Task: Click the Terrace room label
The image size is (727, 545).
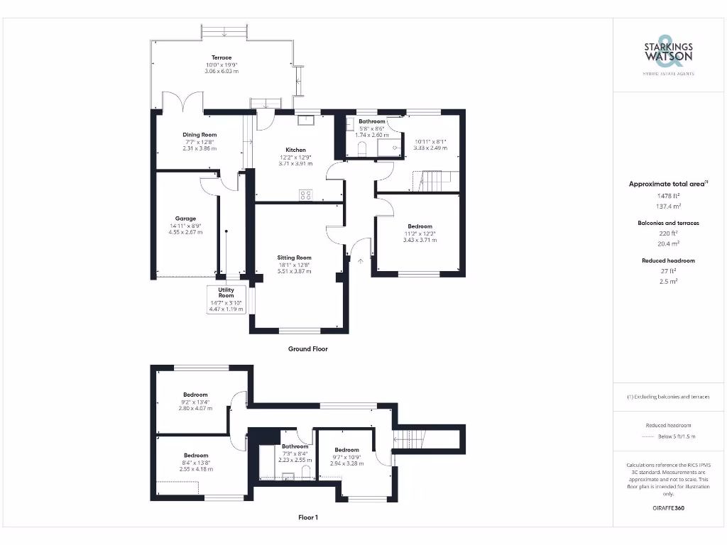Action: coord(222,57)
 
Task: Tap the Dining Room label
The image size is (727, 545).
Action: coord(199,134)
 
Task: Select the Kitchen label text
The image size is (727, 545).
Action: coord(296,150)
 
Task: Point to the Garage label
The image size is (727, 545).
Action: coord(185,219)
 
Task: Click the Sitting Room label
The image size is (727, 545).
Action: coord(294,258)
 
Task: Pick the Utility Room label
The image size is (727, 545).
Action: coord(226,292)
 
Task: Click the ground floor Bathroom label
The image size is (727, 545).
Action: coord(371,121)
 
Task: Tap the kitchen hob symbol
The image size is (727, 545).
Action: coord(306,194)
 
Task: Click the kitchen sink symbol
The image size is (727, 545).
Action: coord(307,119)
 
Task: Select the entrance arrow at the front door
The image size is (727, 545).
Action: coord(361,262)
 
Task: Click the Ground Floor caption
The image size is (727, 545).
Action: coord(307,349)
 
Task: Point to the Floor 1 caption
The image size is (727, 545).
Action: coord(307,518)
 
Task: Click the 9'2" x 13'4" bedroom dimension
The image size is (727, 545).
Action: coord(195,402)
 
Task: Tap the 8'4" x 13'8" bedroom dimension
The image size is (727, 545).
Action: coord(195,463)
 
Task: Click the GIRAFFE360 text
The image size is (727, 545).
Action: coord(667,508)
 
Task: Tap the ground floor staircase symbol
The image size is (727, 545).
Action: coord(432,182)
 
